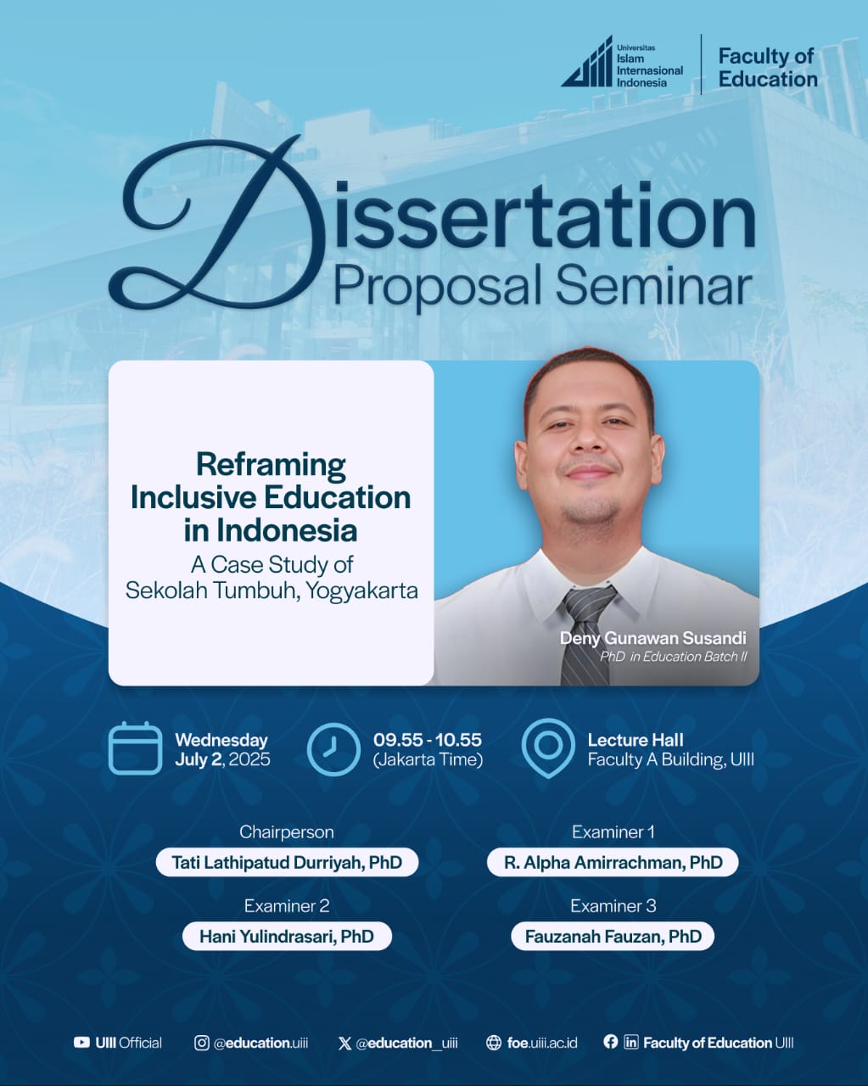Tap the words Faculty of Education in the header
[x=768, y=67]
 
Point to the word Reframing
[x=271, y=465]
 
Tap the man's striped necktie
[x=586, y=634]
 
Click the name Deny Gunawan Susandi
[x=652, y=638]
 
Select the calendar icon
[x=135, y=747]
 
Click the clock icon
[x=333, y=749]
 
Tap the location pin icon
[x=548, y=747]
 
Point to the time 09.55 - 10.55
[x=428, y=740]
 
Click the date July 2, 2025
[x=222, y=759]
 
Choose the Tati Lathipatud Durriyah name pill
[x=287, y=862]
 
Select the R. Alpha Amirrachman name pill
[x=613, y=862]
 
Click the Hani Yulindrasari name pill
[x=287, y=936]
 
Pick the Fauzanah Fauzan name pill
[x=613, y=936]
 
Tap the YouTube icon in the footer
[x=81, y=1043]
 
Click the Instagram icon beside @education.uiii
[x=201, y=1043]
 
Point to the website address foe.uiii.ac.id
[x=542, y=1043]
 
